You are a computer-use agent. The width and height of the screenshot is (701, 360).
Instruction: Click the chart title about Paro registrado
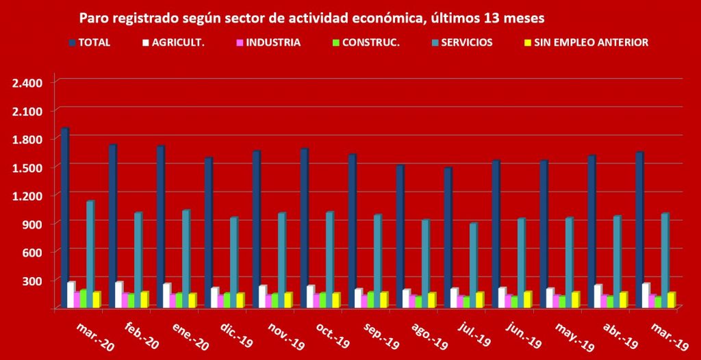(312, 16)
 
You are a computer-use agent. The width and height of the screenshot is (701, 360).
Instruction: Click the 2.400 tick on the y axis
(27, 83)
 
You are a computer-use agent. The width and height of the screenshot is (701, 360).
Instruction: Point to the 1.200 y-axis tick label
(27, 196)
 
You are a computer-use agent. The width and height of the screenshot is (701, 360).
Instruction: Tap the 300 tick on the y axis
(32, 281)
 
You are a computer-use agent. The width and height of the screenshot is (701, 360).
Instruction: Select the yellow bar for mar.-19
(672, 300)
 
